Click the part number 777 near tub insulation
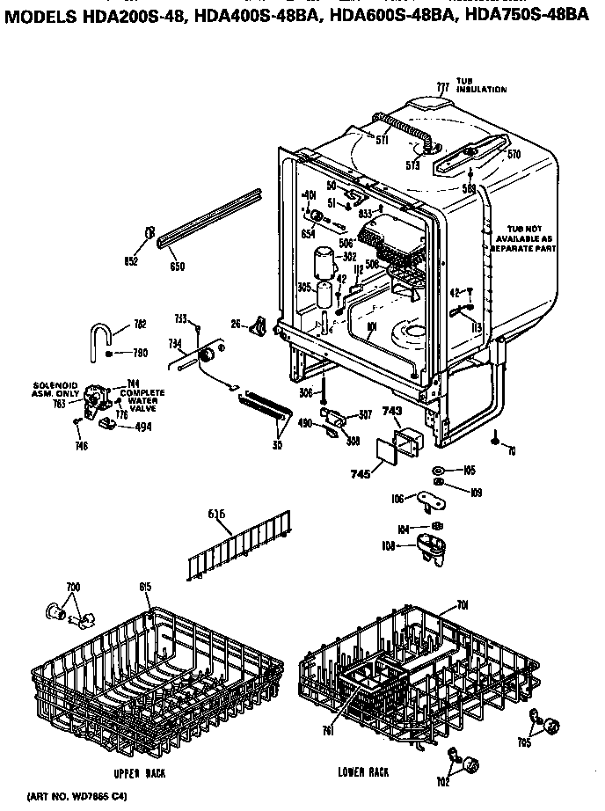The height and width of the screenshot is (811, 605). click(x=442, y=86)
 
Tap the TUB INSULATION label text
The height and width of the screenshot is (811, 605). click(x=480, y=86)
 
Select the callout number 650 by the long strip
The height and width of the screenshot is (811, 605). click(x=177, y=267)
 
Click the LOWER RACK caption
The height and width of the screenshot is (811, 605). click(x=363, y=771)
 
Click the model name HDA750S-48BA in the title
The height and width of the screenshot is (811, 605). click(x=533, y=11)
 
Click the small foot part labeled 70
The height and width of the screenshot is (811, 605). click(x=497, y=436)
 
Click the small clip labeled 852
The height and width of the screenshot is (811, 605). click(x=149, y=233)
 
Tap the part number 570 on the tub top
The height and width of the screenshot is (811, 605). click(x=514, y=154)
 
